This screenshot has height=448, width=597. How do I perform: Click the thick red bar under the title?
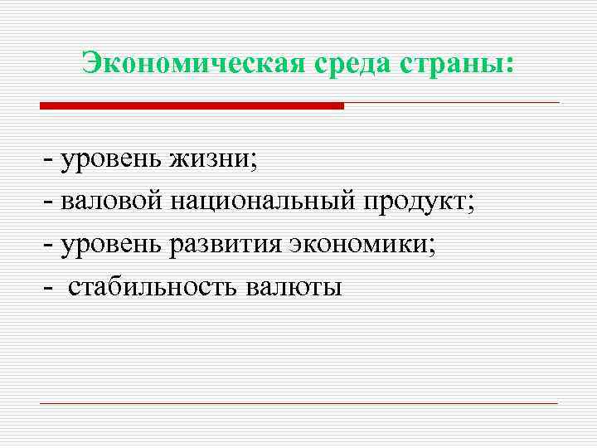[x=192, y=106]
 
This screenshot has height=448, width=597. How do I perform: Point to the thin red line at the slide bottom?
[x=298, y=403]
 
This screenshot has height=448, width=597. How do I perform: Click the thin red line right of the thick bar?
[x=452, y=103]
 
